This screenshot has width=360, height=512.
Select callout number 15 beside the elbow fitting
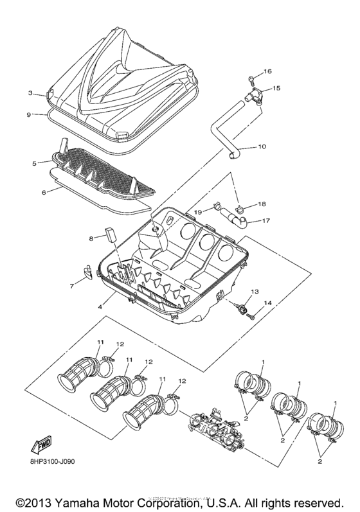[x=276, y=87]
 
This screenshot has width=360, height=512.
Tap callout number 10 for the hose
[x=262, y=146]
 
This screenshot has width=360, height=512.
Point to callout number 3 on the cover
[x=30, y=93]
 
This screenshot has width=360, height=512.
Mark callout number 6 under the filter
[x=72, y=285]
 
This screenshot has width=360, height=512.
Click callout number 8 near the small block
[x=91, y=238]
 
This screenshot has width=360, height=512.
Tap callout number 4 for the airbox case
[x=100, y=307]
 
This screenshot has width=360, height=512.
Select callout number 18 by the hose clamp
[x=262, y=204]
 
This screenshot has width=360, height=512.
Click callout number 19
[x=199, y=211]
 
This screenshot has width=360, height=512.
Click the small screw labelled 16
[x=248, y=81]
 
